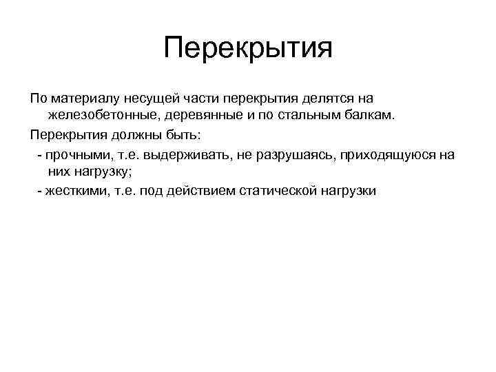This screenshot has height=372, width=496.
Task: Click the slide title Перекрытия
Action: pyautogui.click(x=248, y=48)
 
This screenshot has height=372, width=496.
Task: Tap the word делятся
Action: pyautogui.click(x=323, y=100)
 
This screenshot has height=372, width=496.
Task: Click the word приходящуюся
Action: pyautogui.click(x=388, y=155)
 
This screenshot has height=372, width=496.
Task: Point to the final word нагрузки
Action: pyautogui.click(x=348, y=191)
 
